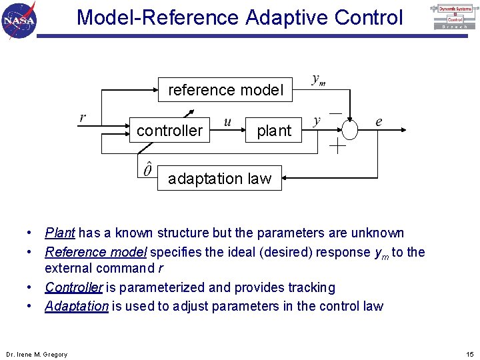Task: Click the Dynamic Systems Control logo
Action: pyautogui.click(x=455, y=17)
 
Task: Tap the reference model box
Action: pyautogui.click(x=225, y=89)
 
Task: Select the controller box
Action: pyautogui.click(x=169, y=131)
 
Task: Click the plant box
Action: pyautogui.click(x=274, y=131)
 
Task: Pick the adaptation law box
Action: pyautogui.click(x=219, y=179)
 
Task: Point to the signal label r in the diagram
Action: pyautogui.click(x=82, y=118)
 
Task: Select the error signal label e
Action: pyautogui.click(x=379, y=121)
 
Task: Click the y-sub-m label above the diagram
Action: pyautogui.click(x=319, y=79)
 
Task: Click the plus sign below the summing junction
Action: pyautogui.click(x=338, y=147)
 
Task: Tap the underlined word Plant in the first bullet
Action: pyautogui.click(x=60, y=233)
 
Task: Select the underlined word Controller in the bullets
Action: pyautogui.click(x=73, y=288)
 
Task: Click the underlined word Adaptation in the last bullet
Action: pyautogui.click(x=77, y=307)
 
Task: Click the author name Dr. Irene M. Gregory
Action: pyautogui.click(x=37, y=355)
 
